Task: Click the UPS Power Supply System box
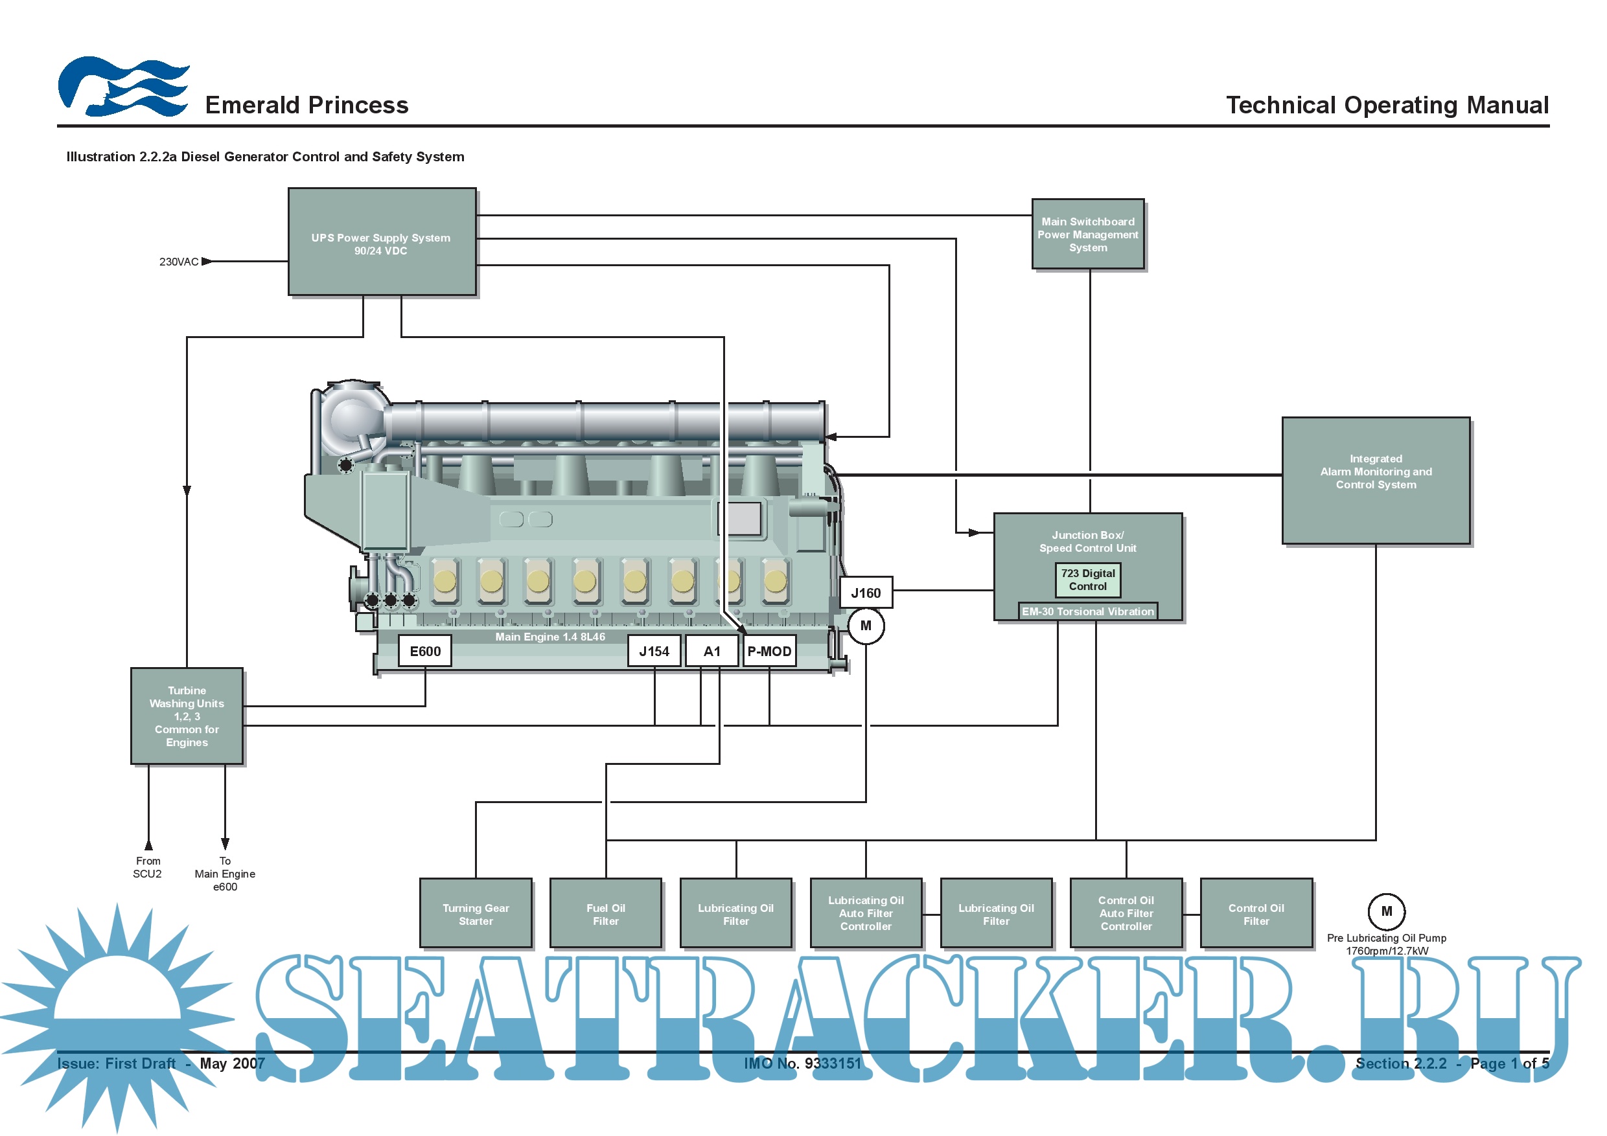tap(382, 242)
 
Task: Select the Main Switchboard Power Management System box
tap(1088, 234)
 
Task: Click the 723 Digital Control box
tap(1088, 580)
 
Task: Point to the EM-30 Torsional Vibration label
tap(1088, 611)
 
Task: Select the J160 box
tap(866, 593)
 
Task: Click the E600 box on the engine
tap(425, 652)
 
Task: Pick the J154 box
tap(654, 652)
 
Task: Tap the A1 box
tap(712, 652)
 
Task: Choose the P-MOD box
tap(769, 652)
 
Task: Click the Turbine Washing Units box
tap(187, 716)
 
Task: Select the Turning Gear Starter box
tap(476, 914)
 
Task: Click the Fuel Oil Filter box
tap(605, 914)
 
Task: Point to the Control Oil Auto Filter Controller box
tap(1126, 914)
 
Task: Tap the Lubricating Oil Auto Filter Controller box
tap(866, 914)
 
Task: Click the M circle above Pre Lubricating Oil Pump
tap(1387, 911)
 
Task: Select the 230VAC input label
tap(179, 262)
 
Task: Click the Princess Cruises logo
tap(123, 87)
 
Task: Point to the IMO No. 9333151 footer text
tap(803, 1064)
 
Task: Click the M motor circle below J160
tap(866, 626)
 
